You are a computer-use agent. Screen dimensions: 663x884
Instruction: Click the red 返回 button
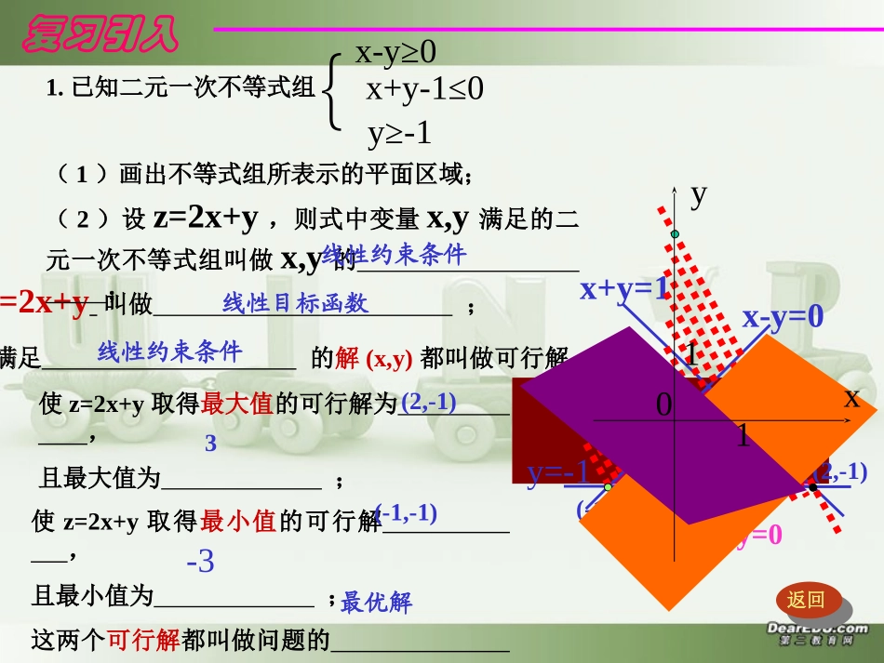[806, 600]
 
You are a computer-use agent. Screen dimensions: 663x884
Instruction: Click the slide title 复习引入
[100, 34]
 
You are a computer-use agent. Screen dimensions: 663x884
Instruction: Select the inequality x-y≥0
[395, 52]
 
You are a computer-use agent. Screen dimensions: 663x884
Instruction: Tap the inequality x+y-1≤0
[424, 89]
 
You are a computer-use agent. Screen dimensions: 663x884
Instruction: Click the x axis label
[851, 398]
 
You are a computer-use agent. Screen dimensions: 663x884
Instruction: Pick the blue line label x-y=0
[783, 317]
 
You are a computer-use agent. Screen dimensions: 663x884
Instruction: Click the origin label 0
[663, 404]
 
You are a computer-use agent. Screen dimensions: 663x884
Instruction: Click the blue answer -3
[200, 562]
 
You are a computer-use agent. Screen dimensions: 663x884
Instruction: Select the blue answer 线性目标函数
[295, 302]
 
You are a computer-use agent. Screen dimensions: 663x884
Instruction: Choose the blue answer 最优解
[376, 603]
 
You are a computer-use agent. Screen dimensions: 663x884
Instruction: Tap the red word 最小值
[238, 521]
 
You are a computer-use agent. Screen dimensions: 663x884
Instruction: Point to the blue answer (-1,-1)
[406, 513]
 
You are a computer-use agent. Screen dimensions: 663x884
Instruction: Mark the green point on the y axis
[676, 233]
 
